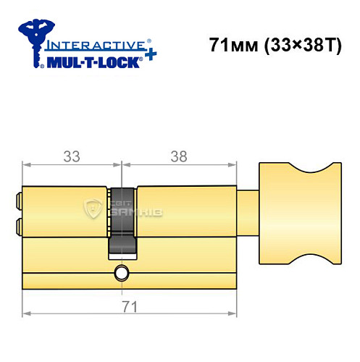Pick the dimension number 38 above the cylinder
tap(176, 155)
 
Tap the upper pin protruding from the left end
tap(17, 197)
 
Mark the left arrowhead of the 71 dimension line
tap(26, 313)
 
